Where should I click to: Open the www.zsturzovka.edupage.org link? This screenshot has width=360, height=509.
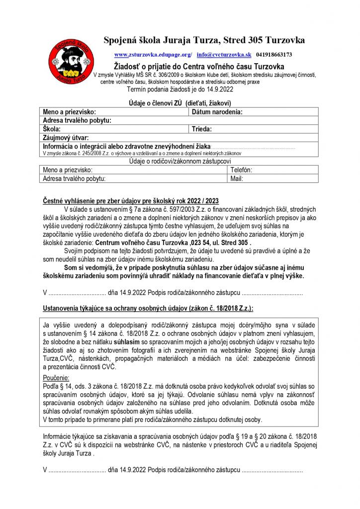153,54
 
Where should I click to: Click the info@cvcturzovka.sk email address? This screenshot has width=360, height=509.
224,54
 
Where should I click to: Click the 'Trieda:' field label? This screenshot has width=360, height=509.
202,129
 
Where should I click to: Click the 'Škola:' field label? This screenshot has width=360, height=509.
52,129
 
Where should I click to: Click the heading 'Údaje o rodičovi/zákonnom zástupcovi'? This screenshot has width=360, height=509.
180,162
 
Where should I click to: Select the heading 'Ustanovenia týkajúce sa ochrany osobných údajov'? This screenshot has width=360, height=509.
147,308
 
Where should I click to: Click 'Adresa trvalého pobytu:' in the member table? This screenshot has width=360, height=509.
77,120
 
